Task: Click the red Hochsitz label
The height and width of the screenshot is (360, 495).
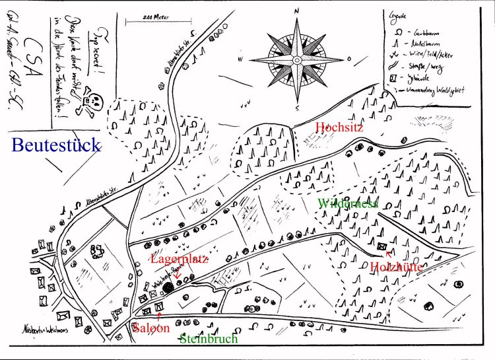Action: [x=339, y=127]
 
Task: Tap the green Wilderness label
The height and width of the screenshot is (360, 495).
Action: [x=347, y=203]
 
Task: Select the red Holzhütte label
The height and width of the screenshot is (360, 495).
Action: [x=396, y=267]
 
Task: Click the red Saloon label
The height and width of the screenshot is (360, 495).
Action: [x=151, y=328]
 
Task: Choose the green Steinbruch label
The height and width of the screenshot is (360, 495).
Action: [x=209, y=339]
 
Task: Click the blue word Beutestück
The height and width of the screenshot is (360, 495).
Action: [x=56, y=145]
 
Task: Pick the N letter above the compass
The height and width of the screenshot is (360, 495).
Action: [x=297, y=11]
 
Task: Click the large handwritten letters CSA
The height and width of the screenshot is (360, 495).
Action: [x=29, y=65]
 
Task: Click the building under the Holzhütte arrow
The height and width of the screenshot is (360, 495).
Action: [x=383, y=245]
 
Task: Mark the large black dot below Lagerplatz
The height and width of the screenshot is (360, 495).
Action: [x=169, y=287]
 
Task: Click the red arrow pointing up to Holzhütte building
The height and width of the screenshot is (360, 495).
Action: [x=387, y=256]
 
